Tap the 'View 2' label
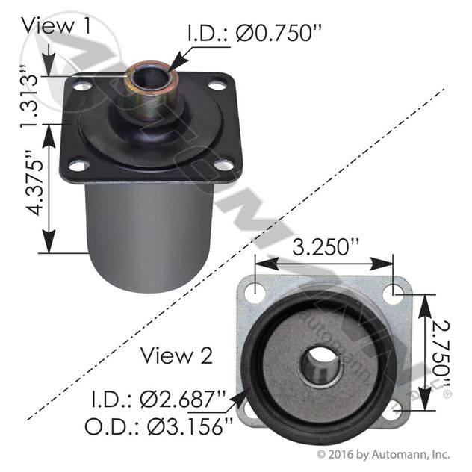[x=178, y=355]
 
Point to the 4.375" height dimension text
[x=29, y=187]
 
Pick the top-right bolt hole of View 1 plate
[x=217, y=86]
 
